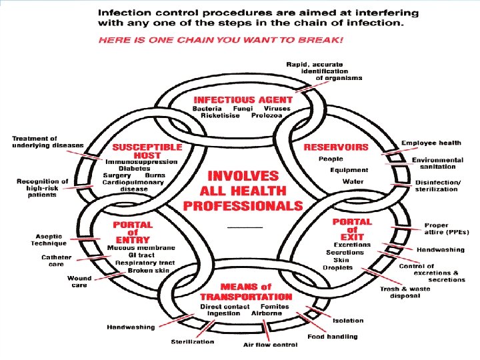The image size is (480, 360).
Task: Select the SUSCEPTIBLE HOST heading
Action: (147, 150)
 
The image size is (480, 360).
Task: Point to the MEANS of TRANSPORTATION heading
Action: (245, 291)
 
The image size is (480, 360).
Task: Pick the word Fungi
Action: (243, 108)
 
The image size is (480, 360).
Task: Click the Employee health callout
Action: (431, 143)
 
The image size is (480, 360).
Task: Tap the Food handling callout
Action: (332, 337)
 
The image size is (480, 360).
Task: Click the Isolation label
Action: (348, 321)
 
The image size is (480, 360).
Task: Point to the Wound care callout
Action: (79, 281)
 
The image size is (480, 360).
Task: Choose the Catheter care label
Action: (57, 261)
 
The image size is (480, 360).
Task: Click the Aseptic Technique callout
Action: (49, 240)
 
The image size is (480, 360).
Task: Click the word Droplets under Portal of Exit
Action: (337, 268)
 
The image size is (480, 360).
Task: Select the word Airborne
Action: (266, 313)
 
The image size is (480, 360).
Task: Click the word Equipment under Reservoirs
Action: (349, 170)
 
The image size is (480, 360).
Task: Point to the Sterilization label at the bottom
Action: (193, 342)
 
